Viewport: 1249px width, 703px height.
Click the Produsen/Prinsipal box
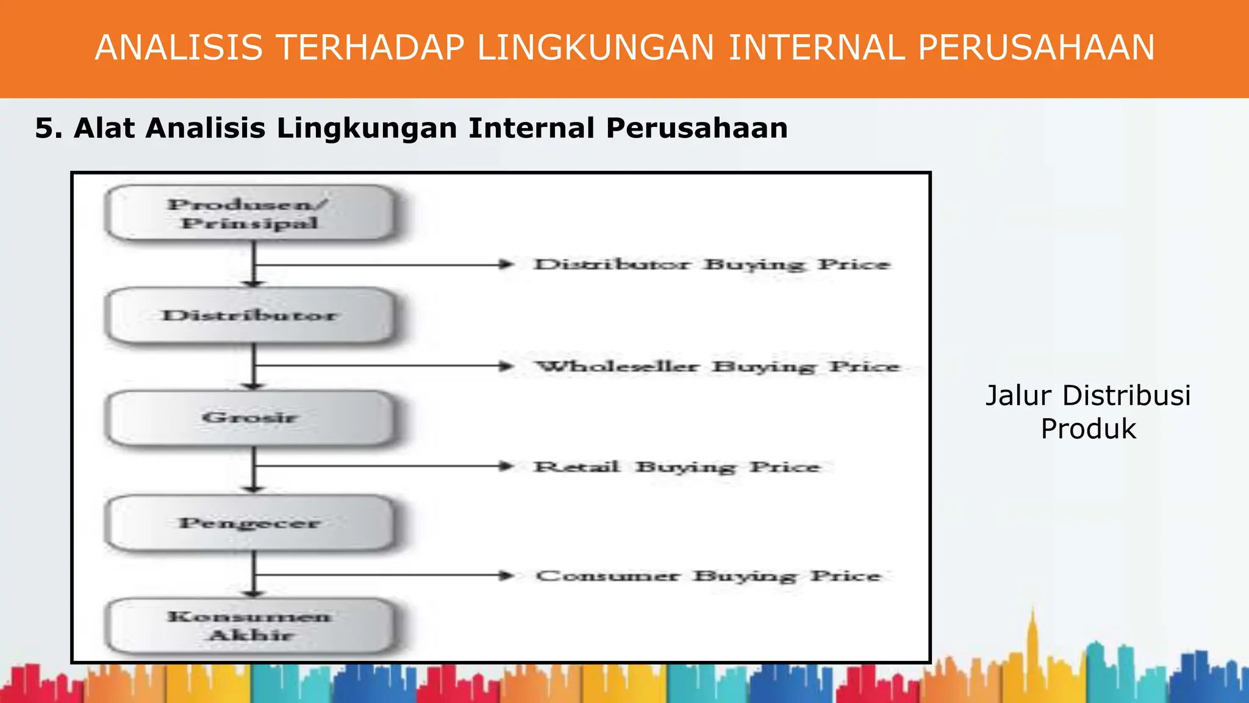[250, 213]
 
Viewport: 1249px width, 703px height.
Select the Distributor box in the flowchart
[250, 315]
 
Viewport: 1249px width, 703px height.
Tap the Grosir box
[250, 418]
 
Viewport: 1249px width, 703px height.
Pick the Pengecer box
[250, 523]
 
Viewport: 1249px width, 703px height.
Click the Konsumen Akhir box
[250, 625]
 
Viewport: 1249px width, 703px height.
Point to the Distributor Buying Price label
[712, 265]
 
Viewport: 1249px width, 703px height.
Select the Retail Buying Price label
[676, 467]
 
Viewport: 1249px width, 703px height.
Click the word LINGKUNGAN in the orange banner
[595, 48]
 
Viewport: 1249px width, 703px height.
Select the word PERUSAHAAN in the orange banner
[1036, 48]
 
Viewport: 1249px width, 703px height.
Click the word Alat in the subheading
[104, 129]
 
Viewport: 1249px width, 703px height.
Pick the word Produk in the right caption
[1088, 429]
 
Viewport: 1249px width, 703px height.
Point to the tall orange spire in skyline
[1033, 635]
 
